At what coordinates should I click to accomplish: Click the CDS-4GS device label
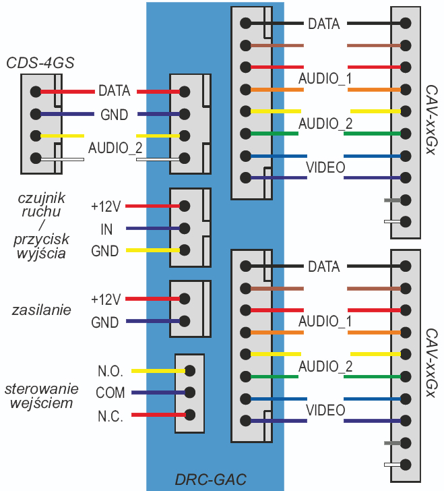coord(40,63)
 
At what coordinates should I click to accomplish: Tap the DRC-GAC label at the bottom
coord(211,480)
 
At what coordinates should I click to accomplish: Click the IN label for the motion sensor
coord(106,229)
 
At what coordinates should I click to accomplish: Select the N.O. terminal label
coord(110,371)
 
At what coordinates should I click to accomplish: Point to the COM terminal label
coord(110,393)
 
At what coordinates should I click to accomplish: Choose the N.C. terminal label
coord(110,416)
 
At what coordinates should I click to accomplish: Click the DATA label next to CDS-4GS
coord(114,90)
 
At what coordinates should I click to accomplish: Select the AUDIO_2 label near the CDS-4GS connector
coord(115,147)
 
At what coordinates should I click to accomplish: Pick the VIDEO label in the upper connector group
coord(325,167)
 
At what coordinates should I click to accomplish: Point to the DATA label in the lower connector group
coord(323,266)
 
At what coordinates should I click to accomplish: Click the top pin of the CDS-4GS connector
coord(34,92)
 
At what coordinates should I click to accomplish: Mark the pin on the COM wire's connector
coord(189,393)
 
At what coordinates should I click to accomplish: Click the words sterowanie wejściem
coord(42,397)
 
